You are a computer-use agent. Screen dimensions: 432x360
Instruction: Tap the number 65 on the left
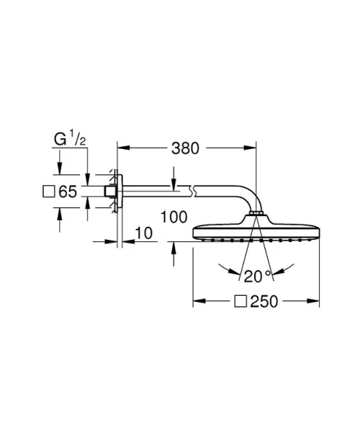coord(67,192)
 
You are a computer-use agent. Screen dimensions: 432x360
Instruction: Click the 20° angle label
coord(257,274)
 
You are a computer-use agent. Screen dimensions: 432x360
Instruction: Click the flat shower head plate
coord(256,232)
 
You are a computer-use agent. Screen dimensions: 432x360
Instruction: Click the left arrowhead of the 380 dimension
coord(122,148)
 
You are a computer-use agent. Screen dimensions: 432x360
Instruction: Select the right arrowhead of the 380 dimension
coord(252,148)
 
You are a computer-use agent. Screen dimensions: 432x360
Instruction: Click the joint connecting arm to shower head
coord(256,214)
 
